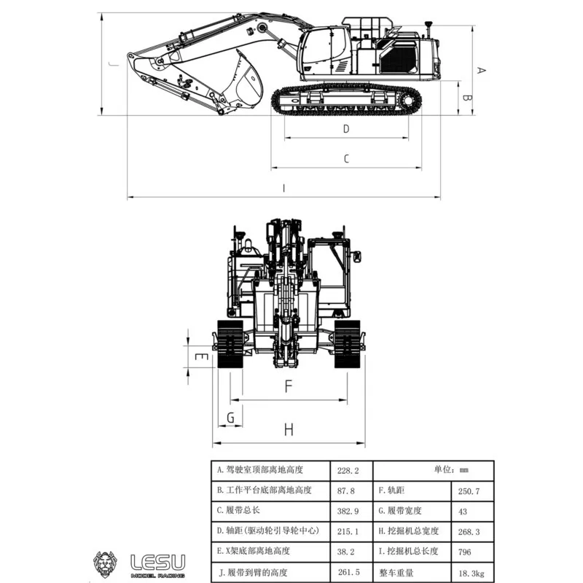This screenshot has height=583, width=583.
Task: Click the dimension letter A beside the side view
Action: pyautogui.click(x=480, y=70)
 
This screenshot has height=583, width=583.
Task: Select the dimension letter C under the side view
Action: pyautogui.click(x=346, y=158)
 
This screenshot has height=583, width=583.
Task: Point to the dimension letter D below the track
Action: pyautogui.click(x=346, y=129)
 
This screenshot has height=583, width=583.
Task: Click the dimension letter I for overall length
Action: pyautogui.click(x=283, y=188)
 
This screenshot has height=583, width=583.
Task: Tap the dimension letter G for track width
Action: pyautogui.click(x=230, y=418)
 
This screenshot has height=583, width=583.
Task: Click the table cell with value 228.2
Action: pyautogui.click(x=351, y=470)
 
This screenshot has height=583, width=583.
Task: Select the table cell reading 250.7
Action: pyautogui.click(x=472, y=490)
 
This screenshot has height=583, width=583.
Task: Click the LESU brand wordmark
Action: pyautogui.click(x=157, y=560)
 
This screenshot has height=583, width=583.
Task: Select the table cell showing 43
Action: pyautogui.click(x=472, y=511)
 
